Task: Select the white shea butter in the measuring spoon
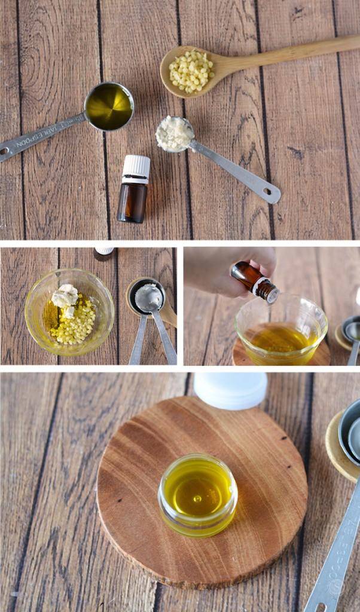point(174,134)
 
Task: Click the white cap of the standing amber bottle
point(136,168)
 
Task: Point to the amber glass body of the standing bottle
point(132,203)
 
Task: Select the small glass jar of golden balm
point(197,494)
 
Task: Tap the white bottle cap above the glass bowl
point(104,251)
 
